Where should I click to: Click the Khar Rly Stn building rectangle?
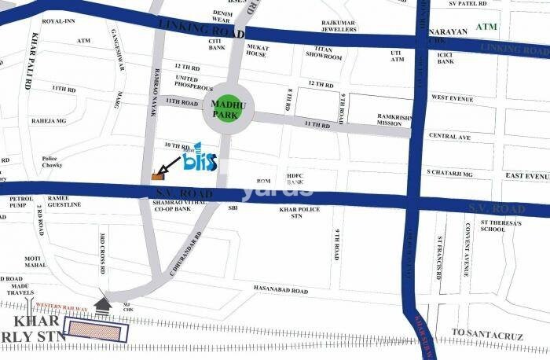(97, 330)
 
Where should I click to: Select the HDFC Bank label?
(295, 178)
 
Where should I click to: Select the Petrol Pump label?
(21, 203)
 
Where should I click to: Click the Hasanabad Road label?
(280, 290)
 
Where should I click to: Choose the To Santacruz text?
(487, 334)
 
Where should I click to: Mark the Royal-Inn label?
(57, 22)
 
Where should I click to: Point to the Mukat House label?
(257, 50)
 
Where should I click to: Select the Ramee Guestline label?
(64, 201)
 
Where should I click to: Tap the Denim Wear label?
(223, 17)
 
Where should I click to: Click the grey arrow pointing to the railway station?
(103, 303)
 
